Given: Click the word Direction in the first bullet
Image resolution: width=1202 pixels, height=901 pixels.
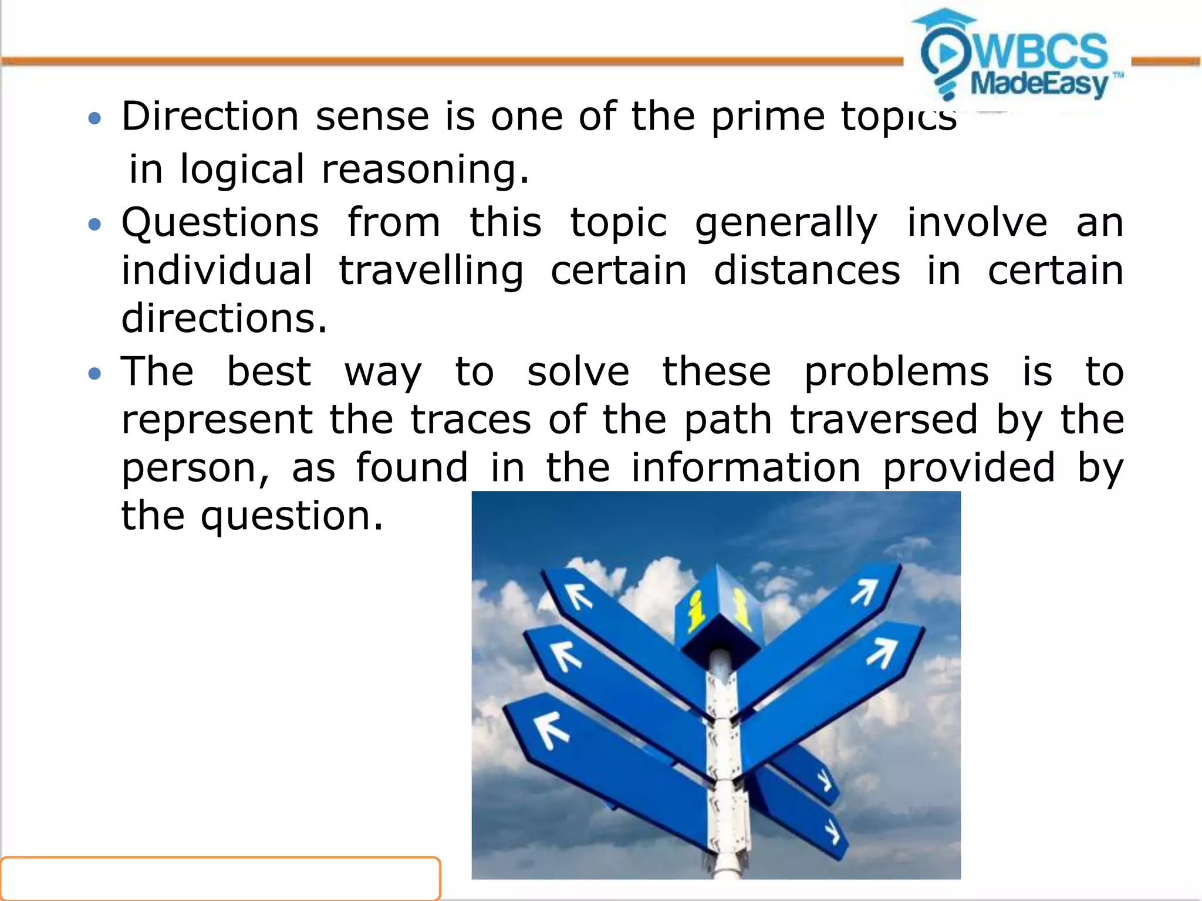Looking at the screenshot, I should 210,117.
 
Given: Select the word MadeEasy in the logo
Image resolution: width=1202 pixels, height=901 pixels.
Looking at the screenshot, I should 1039,84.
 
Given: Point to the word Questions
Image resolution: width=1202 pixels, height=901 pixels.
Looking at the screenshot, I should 220,223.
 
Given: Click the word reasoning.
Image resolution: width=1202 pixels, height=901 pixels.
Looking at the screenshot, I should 425,170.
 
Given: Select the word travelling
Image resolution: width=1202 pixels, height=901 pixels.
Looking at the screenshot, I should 431,271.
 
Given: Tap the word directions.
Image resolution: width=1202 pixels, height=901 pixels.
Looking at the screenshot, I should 224,319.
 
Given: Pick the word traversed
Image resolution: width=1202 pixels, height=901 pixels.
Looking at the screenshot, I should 884,420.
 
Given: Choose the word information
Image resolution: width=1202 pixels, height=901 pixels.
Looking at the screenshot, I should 745,468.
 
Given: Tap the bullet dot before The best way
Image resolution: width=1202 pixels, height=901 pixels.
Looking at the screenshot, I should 94,373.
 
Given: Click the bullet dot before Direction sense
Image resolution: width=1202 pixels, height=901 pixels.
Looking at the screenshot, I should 94,120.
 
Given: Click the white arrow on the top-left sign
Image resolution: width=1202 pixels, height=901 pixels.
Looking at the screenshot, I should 579,597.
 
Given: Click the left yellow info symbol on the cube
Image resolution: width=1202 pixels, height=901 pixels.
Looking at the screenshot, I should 697,610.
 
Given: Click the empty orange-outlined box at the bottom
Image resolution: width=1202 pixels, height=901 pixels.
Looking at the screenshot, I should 220,878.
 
